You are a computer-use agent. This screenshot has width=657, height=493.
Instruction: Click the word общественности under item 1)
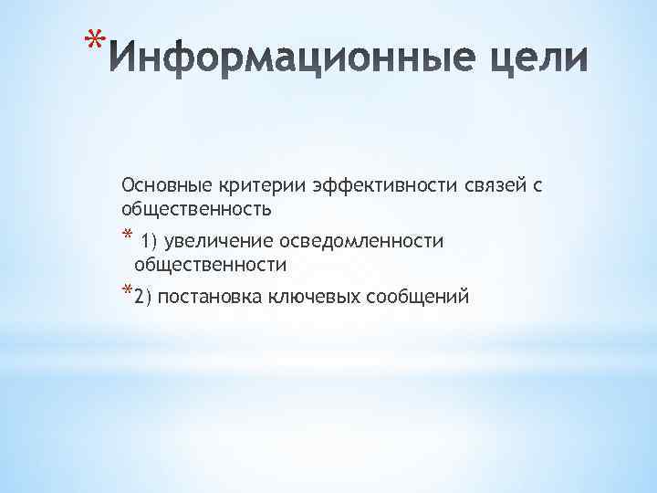[210, 265]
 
